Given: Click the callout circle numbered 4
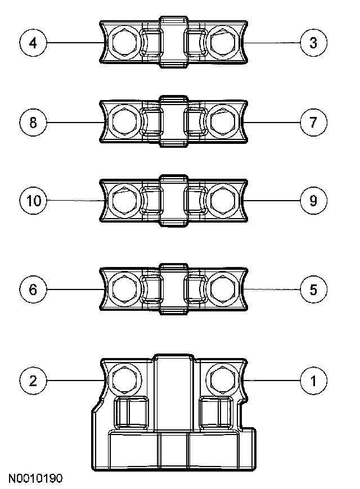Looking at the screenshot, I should point(34,43).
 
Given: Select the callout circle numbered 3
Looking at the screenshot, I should point(314,43).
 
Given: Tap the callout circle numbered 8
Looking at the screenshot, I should point(34,122).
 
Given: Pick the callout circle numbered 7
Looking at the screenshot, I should point(314,122).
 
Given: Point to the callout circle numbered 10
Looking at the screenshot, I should point(34,201).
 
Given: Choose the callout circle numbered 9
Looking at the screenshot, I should point(314,201).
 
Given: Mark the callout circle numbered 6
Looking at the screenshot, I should point(34,289).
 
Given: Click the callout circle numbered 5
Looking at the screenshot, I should point(314,289).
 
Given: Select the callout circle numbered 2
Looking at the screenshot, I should point(34,381).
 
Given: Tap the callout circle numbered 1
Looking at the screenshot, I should point(314,381).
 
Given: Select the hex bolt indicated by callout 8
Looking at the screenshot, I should point(123,121).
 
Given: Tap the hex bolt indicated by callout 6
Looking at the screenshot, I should point(123,289).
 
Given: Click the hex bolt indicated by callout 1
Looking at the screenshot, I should point(222,381).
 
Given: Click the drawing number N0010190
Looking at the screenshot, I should point(35,479).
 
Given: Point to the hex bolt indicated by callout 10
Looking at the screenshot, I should point(123,200).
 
